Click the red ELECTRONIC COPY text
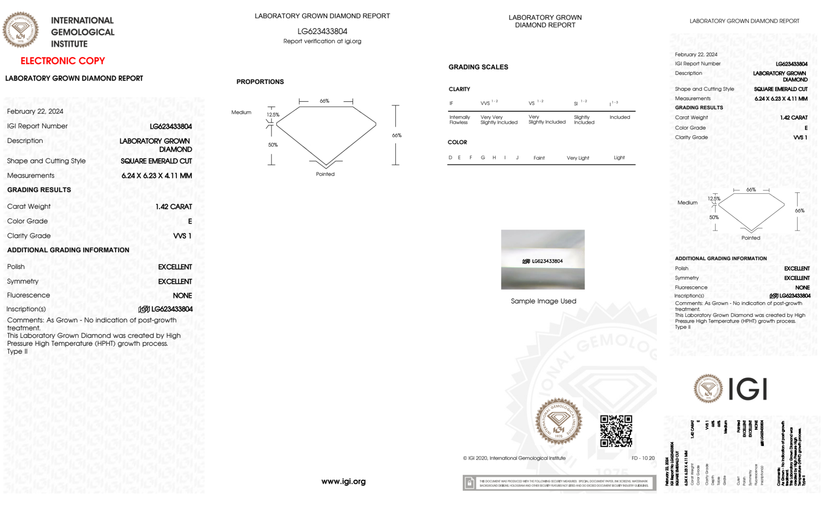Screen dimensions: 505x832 click(x=63, y=61)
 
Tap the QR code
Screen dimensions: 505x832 click(x=616, y=431)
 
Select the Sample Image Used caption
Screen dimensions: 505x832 click(x=543, y=301)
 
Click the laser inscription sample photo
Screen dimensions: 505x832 click(x=543, y=259)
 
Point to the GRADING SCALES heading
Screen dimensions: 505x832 click(x=478, y=67)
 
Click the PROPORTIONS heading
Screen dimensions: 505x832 click(x=260, y=81)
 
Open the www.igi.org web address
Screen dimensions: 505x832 click(x=343, y=481)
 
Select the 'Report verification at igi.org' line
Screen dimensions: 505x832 click(x=322, y=41)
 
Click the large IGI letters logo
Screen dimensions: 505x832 click(x=748, y=389)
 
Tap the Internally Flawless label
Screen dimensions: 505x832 click(x=459, y=120)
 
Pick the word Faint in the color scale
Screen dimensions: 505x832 click(x=539, y=158)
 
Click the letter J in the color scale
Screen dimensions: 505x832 click(x=517, y=158)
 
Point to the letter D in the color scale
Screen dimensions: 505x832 click(x=450, y=158)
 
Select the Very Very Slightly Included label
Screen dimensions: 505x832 click(x=499, y=120)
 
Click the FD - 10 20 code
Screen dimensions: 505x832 click(x=643, y=458)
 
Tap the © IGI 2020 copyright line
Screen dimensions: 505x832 click(x=514, y=458)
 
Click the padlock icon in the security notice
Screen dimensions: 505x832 click(x=469, y=483)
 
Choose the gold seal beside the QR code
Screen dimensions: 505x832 click(x=558, y=421)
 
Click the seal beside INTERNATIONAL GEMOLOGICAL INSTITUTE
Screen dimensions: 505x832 click(x=20, y=30)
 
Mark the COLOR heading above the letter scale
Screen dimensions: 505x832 click(x=457, y=142)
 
